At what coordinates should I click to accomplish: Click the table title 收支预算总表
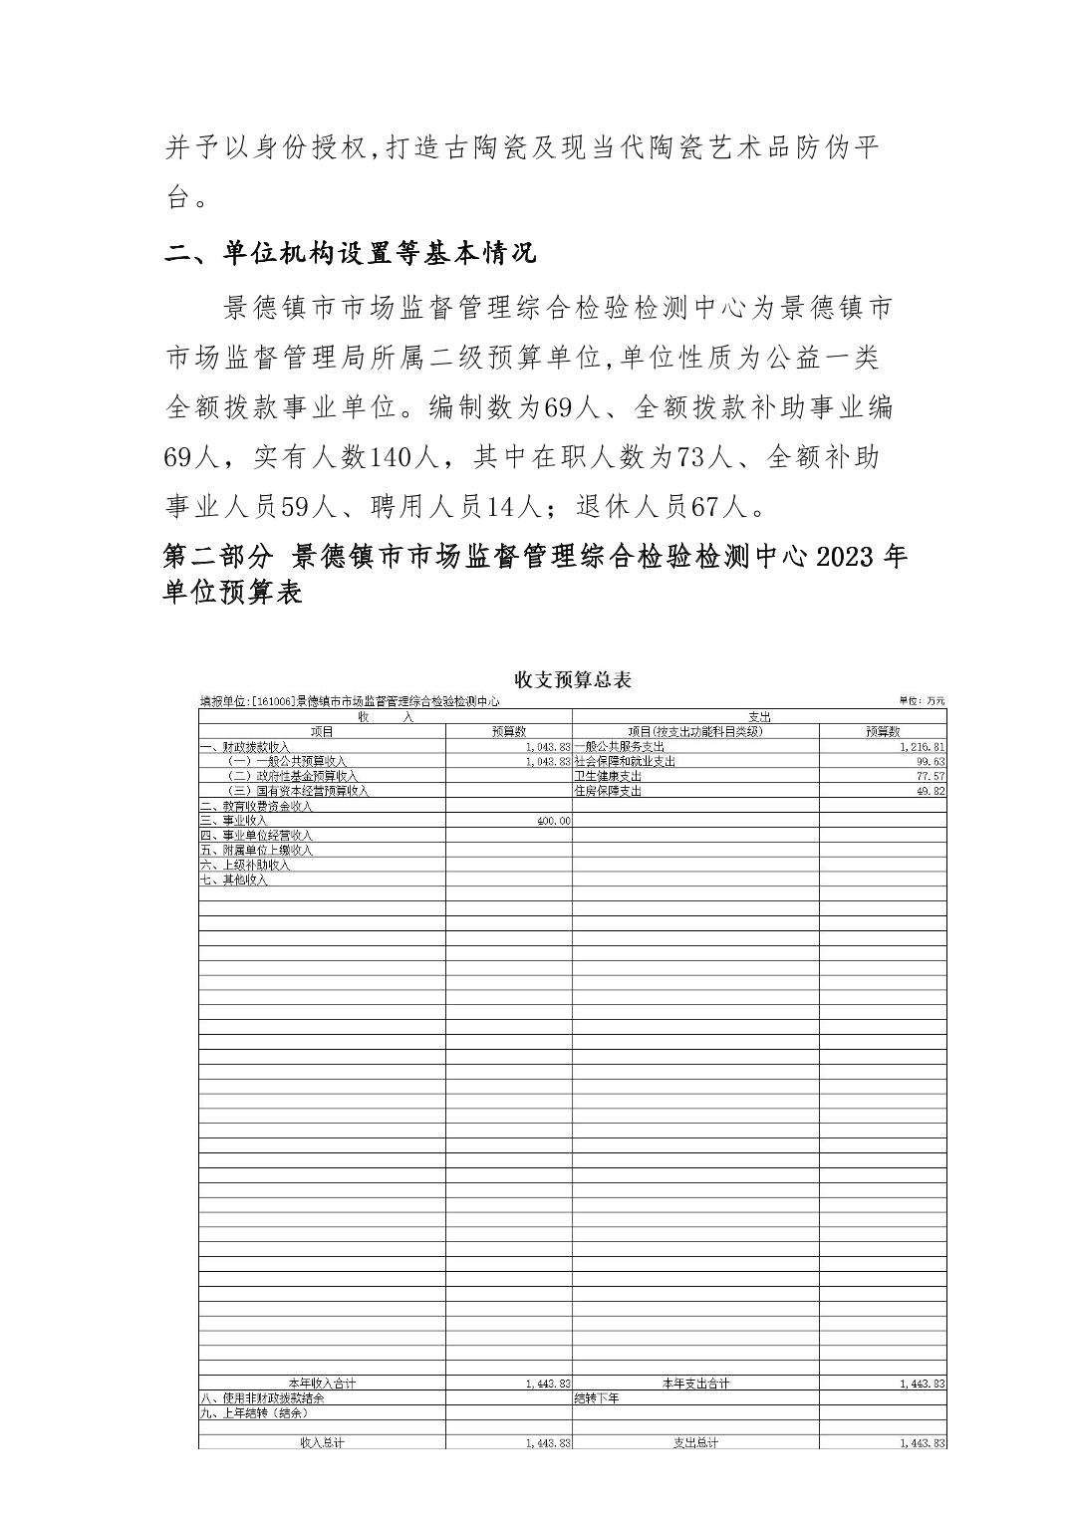pyautogui.click(x=572, y=679)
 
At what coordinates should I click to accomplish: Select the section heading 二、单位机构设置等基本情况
pyautogui.click(x=351, y=253)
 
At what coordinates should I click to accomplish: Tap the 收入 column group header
pyautogui.click(x=386, y=716)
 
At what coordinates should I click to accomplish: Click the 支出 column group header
pyautogui.click(x=758, y=716)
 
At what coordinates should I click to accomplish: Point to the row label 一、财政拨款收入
pyautogui.click(x=245, y=746)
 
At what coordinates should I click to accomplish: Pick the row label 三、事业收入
pyautogui.click(x=233, y=821)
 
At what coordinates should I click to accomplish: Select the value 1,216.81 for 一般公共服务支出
pyautogui.click(x=922, y=746)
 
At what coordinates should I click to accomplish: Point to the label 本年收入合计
pyautogui.click(x=322, y=1384)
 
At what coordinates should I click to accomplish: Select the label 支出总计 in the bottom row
pyautogui.click(x=695, y=1442)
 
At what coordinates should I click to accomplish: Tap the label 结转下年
pyautogui.click(x=597, y=1398)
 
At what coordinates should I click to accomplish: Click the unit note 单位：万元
pyautogui.click(x=922, y=701)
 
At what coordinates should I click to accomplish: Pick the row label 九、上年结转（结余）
pyautogui.click(x=254, y=1412)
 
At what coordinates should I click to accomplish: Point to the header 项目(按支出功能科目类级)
pyautogui.click(x=695, y=731)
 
